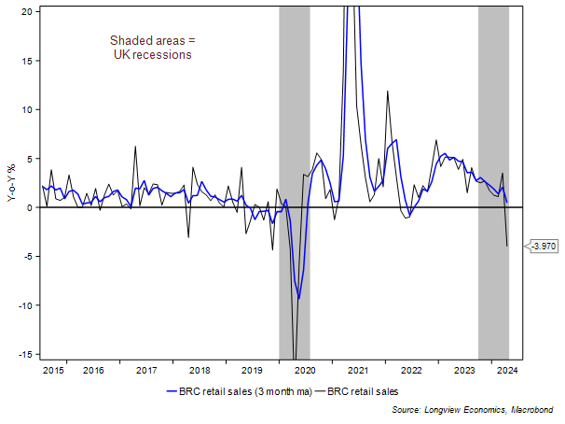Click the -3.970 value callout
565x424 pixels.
544,247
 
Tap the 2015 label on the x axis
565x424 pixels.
54,371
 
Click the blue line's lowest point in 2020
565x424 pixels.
298,299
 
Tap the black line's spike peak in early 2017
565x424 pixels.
135,147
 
